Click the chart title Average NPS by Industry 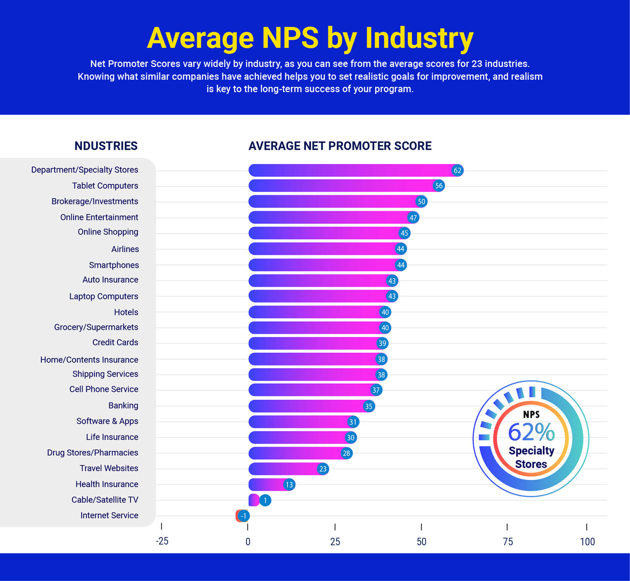click(310, 38)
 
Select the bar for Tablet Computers click(342, 186)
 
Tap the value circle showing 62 click(457, 170)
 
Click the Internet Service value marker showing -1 click(244, 516)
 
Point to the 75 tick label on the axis click(507, 542)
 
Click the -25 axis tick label click(162, 541)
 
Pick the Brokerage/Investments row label click(95, 201)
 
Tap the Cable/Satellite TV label click(105, 500)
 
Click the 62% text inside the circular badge click(531, 432)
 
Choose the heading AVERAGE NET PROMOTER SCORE click(340, 146)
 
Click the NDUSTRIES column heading click(106, 146)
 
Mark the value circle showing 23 click(323, 469)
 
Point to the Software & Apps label click(107, 421)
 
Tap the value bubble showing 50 click(421, 202)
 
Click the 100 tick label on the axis click(587, 542)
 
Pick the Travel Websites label click(109, 468)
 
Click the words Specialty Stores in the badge click(531, 457)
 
